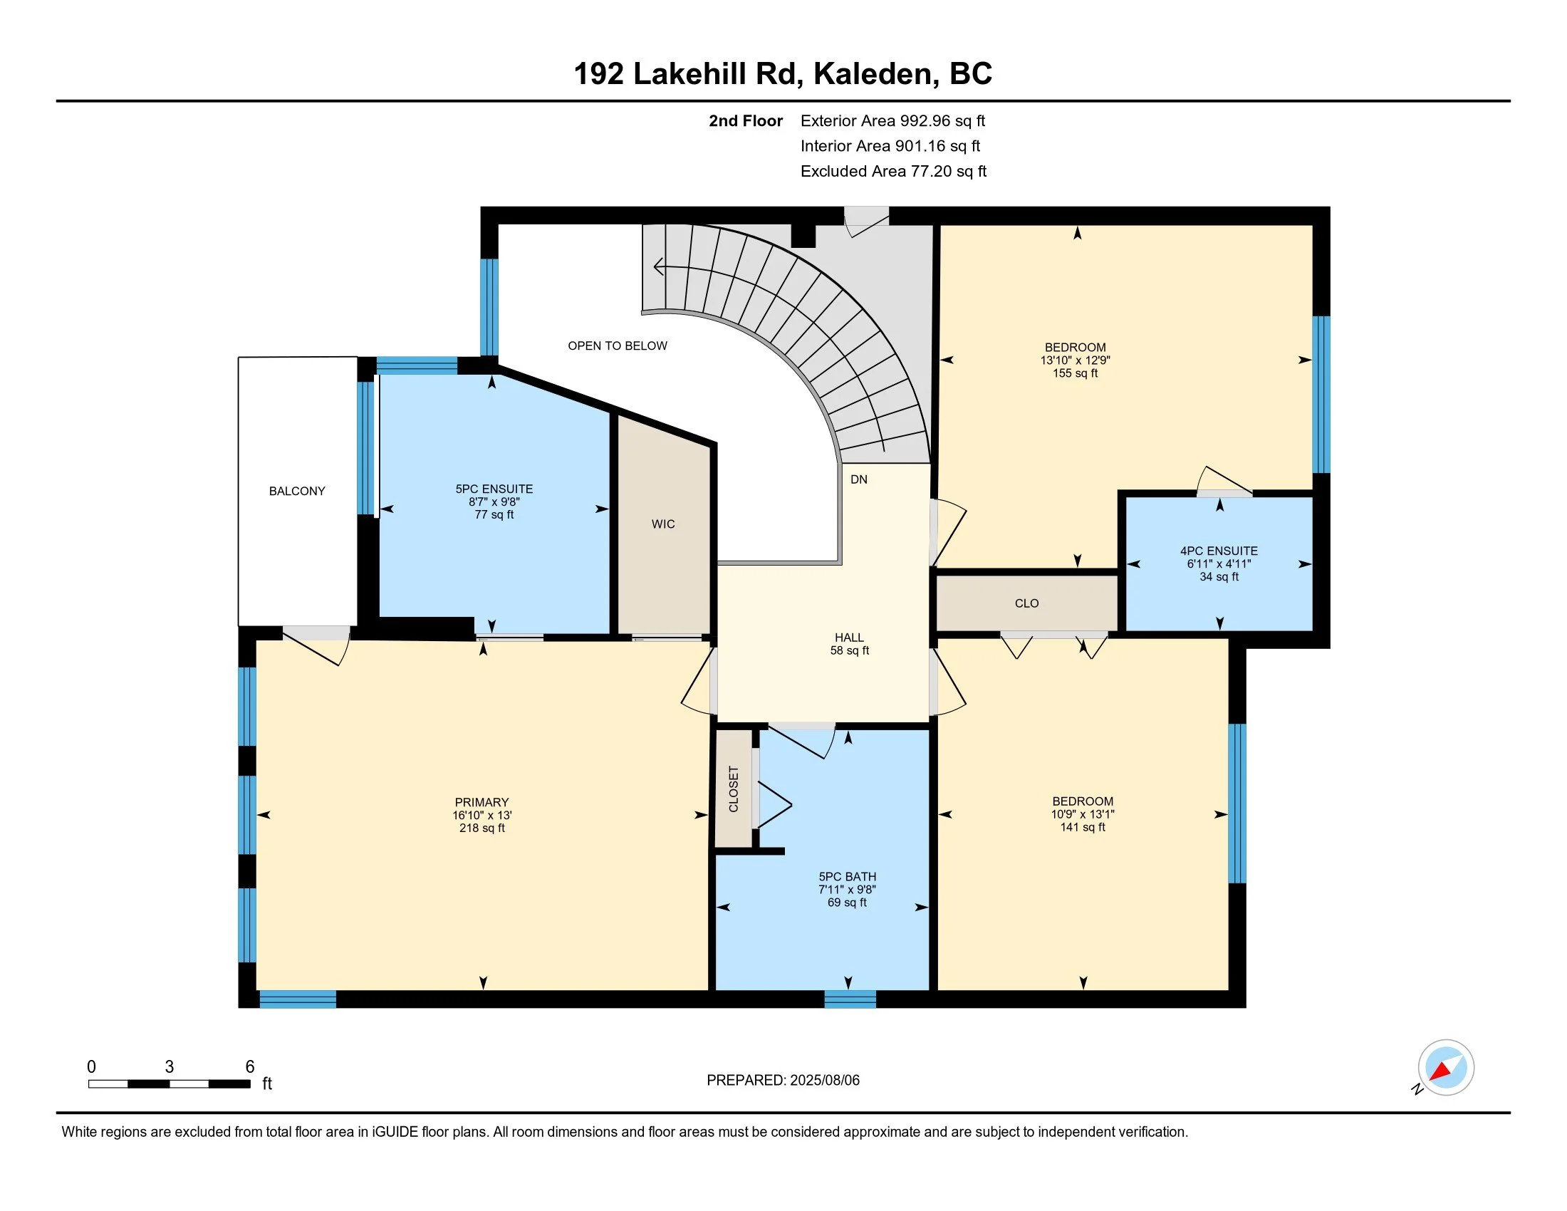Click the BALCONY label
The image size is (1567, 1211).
[x=297, y=492]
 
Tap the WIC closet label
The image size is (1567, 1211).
[x=663, y=524]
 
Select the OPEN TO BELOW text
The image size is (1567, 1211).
[x=618, y=345]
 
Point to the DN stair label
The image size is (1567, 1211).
[x=859, y=479]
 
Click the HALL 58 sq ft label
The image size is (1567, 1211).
[x=850, y=644]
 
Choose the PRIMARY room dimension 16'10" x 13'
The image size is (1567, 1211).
[x=482, y=815]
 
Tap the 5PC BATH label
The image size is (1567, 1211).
[x=848, y=877]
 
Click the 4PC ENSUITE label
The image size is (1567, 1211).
[x=1219, y=551]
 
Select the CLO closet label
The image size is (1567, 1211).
[x=1026, y=603]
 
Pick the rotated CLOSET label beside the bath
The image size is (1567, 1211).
[x=733, y=789]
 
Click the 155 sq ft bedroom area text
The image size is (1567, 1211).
[x=1076, y=373]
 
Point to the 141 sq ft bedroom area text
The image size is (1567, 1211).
[x=1083, y=827]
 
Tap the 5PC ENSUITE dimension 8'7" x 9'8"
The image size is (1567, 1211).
[x=494, y=502]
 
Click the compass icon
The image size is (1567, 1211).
[x=1446, y=1068]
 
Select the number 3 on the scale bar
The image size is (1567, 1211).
[x=170, y=1067]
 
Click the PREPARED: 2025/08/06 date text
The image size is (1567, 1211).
[x=783, y=1081]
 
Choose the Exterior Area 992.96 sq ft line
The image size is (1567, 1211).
[x=893, y=121]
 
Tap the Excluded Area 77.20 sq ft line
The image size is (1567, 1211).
[x=893, y=172]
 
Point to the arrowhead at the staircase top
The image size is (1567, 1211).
[x=658, y=268]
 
